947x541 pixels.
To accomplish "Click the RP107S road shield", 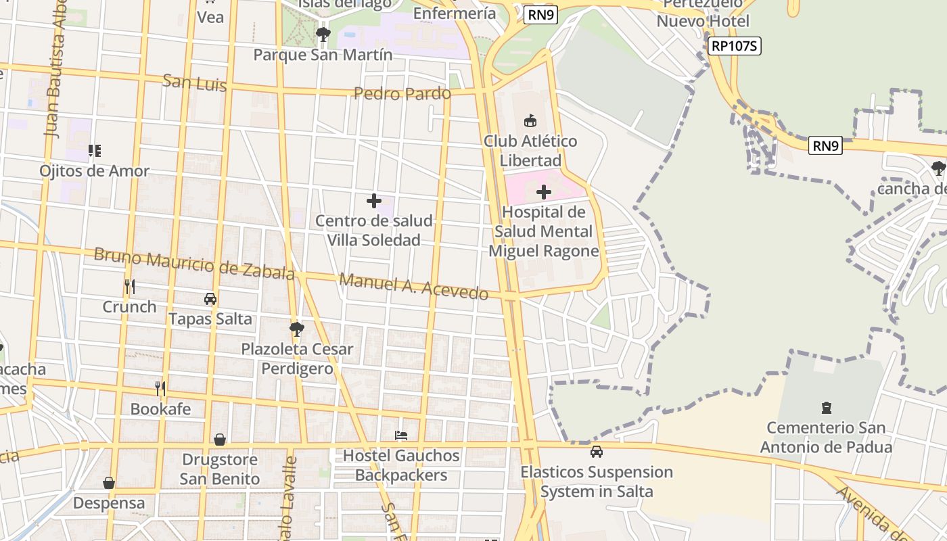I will tap(735, 46).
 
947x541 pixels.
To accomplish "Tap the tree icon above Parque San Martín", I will tap(323, 33).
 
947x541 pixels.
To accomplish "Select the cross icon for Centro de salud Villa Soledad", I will tap(373, 201).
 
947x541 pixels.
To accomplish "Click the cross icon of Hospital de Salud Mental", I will tap(543, 193).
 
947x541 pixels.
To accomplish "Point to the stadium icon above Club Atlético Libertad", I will tap(530, 121).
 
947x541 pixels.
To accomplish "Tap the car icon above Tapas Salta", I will tap(210, 298).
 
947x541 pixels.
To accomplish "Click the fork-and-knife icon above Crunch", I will tap(129, 287).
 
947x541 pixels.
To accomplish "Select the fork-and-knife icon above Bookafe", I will tap(160, 388).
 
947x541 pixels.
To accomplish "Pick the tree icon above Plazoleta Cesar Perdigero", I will tap(296, 329).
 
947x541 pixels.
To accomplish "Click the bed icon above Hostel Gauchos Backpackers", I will tap(401, 436).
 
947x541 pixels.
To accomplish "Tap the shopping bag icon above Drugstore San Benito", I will tap(220, 440).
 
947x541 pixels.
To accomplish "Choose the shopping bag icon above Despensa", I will tap(108, 483).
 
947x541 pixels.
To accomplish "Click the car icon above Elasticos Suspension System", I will tap(596, 452).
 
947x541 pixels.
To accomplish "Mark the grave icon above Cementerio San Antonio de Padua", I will tap(826, 407).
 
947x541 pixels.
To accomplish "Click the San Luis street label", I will tap(194, 85).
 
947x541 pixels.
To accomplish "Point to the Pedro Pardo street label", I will tap(402, 93).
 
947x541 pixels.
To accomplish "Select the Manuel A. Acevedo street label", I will tap(413, 286).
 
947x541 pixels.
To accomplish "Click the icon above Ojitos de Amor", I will tap(95, 150).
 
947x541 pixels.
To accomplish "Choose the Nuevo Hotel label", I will tap(703, 21).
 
